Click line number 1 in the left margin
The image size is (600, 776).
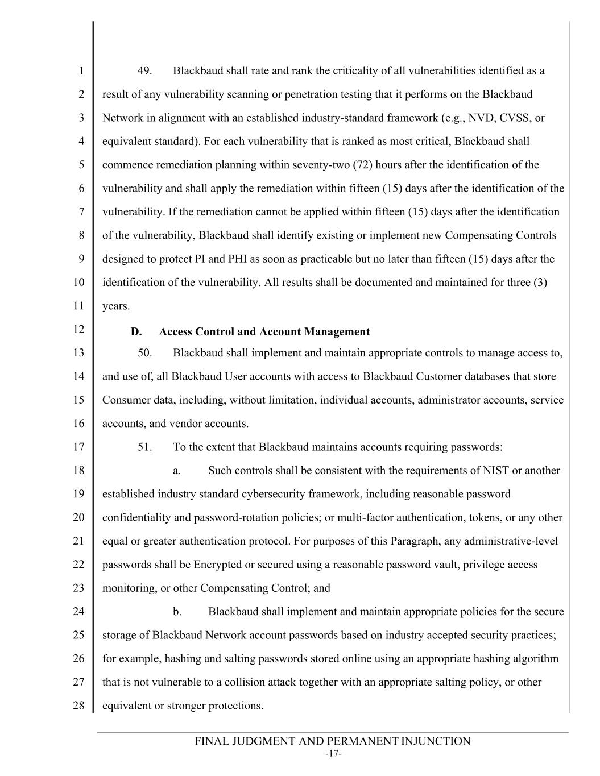pos(81,71)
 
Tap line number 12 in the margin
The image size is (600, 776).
pos(78,329)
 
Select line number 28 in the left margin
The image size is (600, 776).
pos(78,706)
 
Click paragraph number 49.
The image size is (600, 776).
pos(145,71)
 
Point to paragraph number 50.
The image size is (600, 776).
pos(145,353)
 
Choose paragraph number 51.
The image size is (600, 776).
pos(145,447)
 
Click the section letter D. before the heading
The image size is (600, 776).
pos(136,332)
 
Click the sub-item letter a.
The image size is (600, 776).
pos(177,471)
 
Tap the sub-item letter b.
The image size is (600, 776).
pos(177,612)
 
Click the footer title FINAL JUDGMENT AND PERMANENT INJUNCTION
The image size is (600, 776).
pos(333,741)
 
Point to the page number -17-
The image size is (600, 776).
pos(333,754)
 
